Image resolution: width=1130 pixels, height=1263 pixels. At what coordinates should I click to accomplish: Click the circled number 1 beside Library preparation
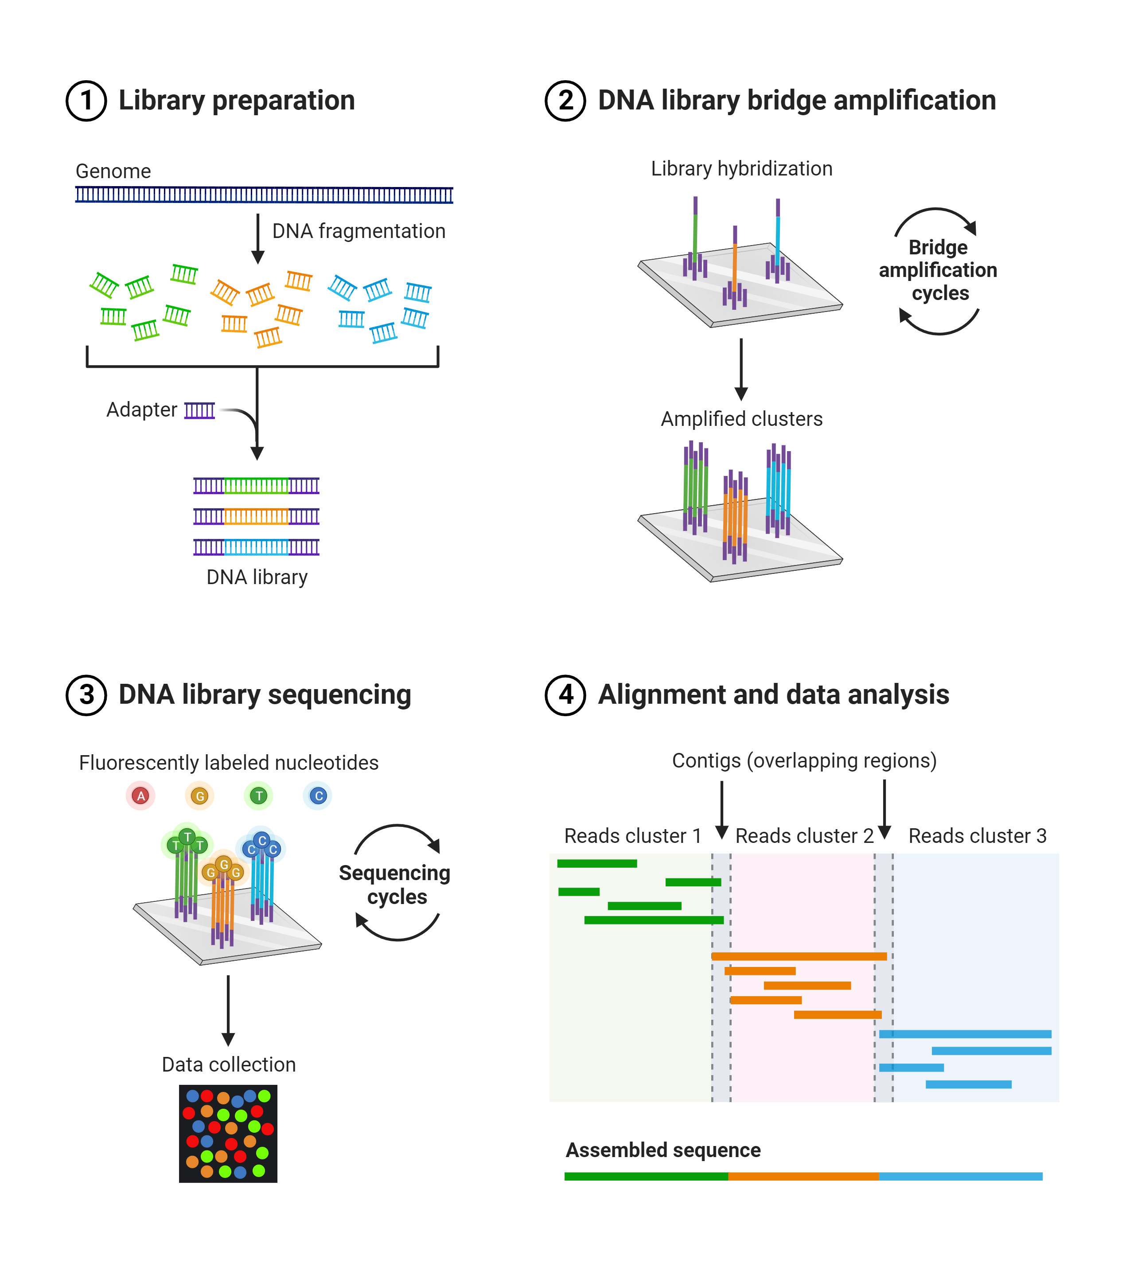pos(86,101)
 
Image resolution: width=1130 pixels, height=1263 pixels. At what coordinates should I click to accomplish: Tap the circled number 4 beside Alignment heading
pos(565,695)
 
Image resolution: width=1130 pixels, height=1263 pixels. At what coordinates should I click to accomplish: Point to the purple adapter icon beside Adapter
pos(199,410)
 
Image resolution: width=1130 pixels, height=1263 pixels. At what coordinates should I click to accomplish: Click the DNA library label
pos(257,577)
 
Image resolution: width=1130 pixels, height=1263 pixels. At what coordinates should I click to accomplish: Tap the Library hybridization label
pos(741,168)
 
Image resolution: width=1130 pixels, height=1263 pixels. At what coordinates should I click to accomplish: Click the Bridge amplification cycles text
pos(938,270)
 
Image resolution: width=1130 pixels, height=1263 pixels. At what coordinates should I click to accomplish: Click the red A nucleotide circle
pos(141,795)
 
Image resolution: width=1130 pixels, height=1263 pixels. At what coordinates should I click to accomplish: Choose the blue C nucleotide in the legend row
pos(318,795)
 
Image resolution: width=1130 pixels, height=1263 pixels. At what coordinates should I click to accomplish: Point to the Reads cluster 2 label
pos(804,836)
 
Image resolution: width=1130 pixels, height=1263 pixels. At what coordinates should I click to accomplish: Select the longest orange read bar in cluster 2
pos(799,956)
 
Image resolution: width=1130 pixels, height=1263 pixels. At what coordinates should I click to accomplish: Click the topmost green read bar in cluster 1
pos(596,863)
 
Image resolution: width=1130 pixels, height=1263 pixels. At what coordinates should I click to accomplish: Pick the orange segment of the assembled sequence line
pos(803,1176)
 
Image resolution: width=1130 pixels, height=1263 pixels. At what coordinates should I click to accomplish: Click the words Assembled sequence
pos(662,1150)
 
